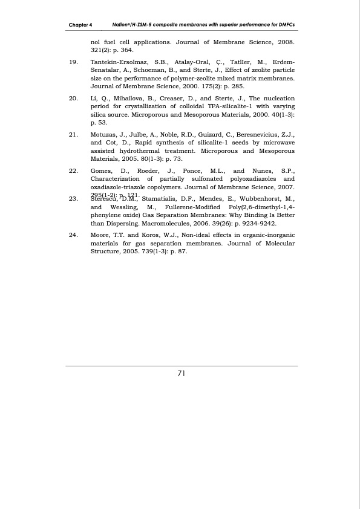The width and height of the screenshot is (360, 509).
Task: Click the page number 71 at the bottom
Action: [x=181, y=373]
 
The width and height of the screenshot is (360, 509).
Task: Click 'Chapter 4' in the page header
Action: [x=80, y=25]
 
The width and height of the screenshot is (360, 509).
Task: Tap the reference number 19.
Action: [x=73, y=62]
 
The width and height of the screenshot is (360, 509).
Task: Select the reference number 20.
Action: [x=73, y=97]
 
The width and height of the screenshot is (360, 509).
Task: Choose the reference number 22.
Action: [x=73, y=172]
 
